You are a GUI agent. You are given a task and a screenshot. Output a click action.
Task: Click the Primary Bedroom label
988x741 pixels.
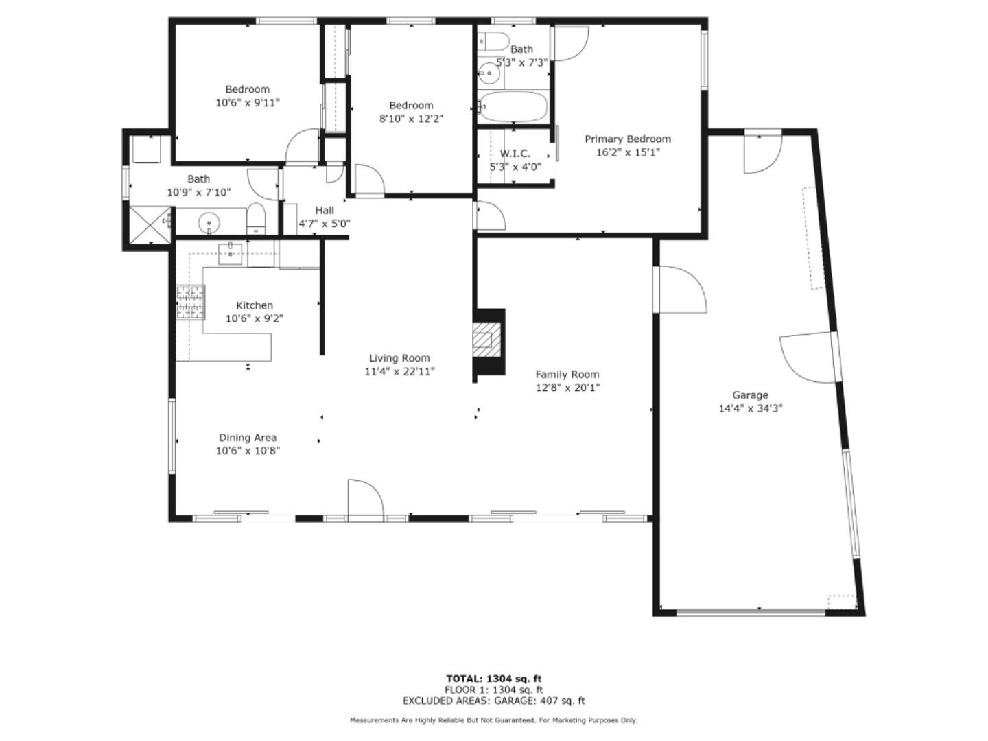click(627, 139)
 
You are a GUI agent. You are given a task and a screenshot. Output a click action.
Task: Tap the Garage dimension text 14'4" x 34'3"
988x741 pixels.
click(750, 408)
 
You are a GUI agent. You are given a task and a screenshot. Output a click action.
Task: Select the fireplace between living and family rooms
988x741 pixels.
click(489, 341)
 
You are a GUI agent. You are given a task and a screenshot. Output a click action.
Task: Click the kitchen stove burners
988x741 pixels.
click(191, 303)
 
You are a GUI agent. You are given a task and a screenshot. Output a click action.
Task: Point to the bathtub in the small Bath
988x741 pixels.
click(513, 107)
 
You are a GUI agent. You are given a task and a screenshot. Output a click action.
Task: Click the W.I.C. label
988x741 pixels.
click(515, 154)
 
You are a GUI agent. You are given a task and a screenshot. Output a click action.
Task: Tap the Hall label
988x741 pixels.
click(325, 211)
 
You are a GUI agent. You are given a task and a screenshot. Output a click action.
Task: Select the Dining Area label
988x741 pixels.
click(248, 438)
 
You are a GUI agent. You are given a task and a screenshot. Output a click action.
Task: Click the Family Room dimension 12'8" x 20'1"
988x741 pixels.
click(567, 388)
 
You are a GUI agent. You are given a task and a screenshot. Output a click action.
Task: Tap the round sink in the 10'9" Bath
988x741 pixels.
click(209, 222)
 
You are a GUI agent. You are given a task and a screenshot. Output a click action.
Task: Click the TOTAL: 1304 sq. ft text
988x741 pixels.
click(493, 679)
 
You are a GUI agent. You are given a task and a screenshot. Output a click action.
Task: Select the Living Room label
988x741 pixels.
click(399, 358)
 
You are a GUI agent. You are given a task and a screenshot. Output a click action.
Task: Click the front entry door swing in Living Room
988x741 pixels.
click(364, 499)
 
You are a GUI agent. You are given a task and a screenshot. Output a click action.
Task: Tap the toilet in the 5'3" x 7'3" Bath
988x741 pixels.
click(491, 40)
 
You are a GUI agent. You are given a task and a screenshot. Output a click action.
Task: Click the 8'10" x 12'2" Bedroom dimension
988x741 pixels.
click(411, 118)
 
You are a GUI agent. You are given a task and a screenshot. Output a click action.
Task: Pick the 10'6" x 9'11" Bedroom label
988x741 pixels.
click(248, 89)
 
